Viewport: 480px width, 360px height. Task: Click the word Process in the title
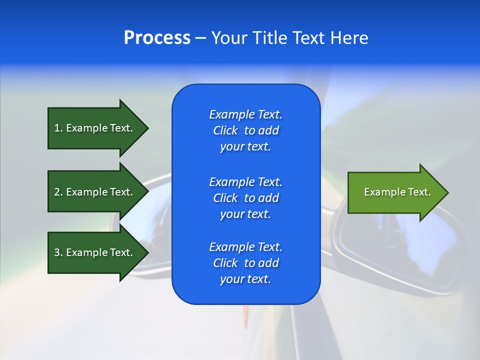[x=157, y=37]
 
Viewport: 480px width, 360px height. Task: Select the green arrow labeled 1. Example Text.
[x=95, y=128]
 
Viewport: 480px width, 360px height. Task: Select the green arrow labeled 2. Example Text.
[x=95, y=192]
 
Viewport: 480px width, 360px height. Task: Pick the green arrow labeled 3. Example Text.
[x=95, y=252]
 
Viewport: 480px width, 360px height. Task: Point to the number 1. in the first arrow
[x=58, y=128]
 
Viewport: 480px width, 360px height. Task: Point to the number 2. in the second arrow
[x=58, y=192]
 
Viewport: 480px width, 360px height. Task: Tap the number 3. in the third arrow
[x=58, y=252]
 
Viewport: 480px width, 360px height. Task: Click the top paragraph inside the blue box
[x=245, y=130]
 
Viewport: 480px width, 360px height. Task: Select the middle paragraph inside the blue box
[x=245, y=197]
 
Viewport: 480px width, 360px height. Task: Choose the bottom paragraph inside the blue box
[x=245, y=263]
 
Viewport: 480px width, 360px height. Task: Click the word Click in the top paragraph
[x=225, y=130]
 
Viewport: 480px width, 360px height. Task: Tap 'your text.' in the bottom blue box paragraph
[x=245, y=279]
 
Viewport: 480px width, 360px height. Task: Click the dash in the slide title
[x=200, y=38]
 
